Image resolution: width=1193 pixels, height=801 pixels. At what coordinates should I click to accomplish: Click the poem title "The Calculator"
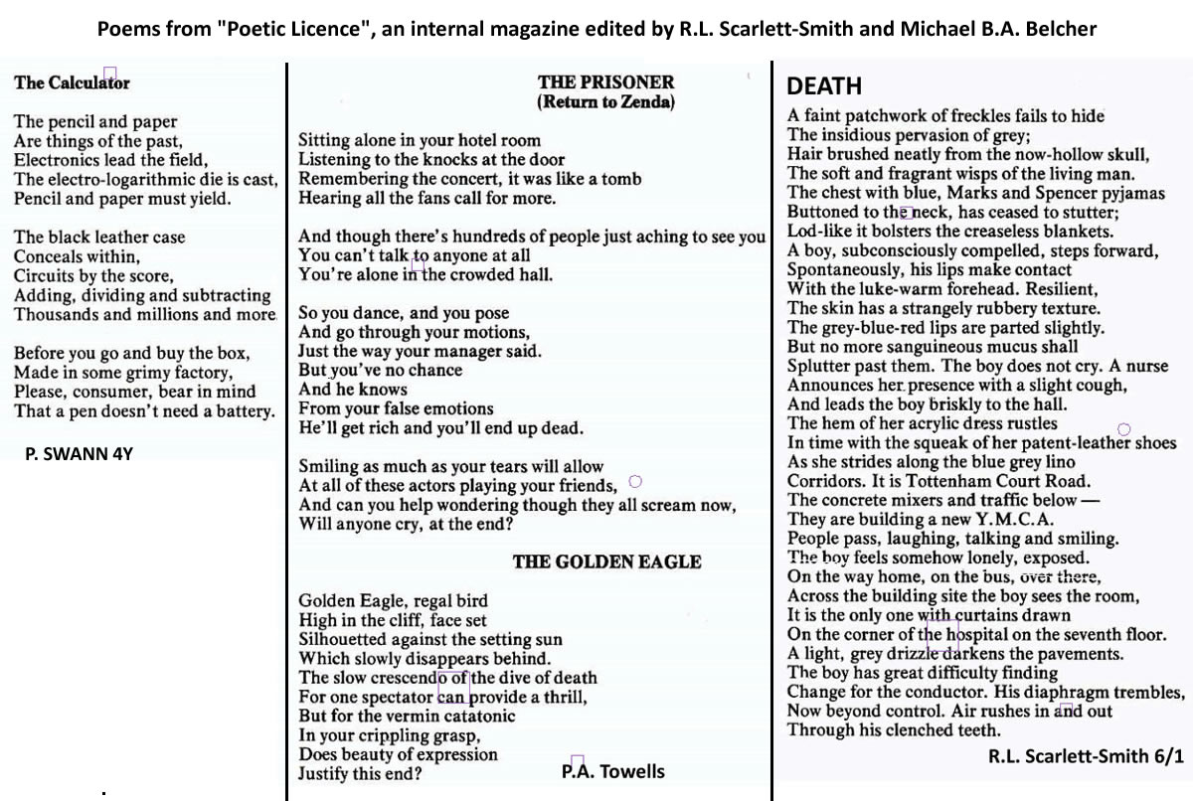click(72, 83)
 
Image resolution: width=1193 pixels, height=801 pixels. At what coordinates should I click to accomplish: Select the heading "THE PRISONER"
click(605, 82)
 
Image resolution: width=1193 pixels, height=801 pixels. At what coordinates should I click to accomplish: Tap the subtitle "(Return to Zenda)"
click(605, 101)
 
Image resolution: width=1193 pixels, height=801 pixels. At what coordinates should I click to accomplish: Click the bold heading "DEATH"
click(824, 86)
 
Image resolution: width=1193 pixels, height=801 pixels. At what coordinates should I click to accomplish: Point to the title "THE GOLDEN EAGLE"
click(606, 562)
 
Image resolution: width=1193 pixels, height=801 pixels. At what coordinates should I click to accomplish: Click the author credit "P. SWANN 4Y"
click(79, 455)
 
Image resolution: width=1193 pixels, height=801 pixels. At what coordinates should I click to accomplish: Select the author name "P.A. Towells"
click(612, 771)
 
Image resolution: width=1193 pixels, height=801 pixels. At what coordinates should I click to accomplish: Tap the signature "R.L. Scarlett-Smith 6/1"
click(1086, 756)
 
